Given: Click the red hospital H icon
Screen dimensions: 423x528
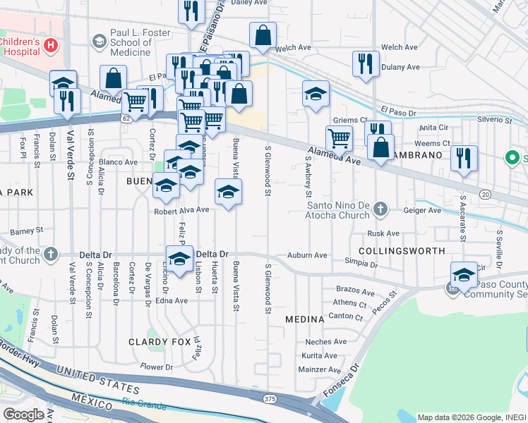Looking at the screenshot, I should click(x=50, y=46).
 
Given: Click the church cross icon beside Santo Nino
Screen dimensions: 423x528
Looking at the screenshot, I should click(x=380, y=209).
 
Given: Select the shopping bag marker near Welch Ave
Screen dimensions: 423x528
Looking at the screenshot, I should click(x=263, y=35).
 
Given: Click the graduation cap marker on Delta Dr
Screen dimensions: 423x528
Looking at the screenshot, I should click(x=179, y=258).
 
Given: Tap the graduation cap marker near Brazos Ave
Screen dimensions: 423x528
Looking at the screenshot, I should click(x=464, y=274).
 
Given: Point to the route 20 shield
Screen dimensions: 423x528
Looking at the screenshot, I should click(x=485, y=194).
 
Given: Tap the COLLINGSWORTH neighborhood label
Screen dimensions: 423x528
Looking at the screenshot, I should click(x=402, y=251).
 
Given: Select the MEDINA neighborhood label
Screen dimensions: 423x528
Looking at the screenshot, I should click(x=304, y=319).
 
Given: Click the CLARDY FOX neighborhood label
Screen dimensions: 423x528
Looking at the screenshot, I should click(x=160, y=342).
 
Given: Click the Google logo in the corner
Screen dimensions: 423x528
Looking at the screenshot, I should click(x=23, y=415).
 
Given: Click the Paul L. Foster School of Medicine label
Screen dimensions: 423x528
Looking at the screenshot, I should click(x=131, y=42).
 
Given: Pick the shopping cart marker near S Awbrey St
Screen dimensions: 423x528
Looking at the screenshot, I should click(x=339, y=139).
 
